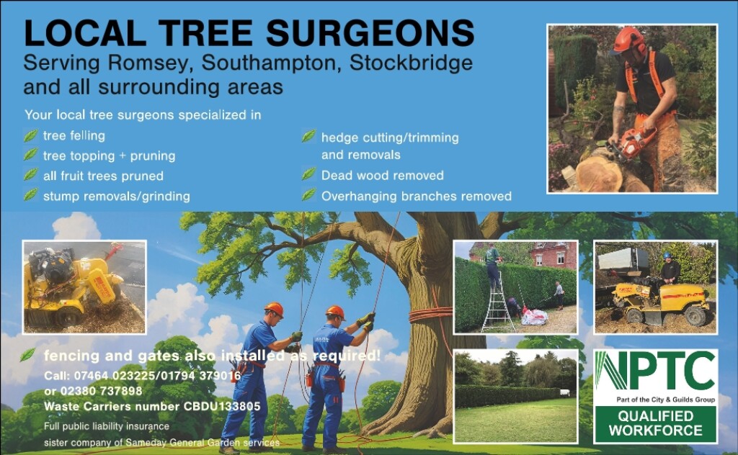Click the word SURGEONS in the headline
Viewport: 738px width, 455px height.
coord(370,33)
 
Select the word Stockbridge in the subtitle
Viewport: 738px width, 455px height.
coord(411,63)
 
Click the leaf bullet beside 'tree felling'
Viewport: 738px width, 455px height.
coord(30,135)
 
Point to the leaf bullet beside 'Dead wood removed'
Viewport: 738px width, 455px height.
coord(308,174)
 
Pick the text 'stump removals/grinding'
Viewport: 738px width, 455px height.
coord(117,196)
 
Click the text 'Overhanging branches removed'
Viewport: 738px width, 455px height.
coord(416,196)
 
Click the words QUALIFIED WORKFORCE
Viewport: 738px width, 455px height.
coord(655,423)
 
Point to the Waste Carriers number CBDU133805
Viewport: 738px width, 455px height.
coord(152,406)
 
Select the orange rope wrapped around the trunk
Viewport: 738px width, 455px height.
coord(431,315)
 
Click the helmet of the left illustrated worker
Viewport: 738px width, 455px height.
coord(274,309)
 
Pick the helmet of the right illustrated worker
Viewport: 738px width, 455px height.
coord(335,312)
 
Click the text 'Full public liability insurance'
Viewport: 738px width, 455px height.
coord(107,426)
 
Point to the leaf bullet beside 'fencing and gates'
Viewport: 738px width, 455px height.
coord(28,354)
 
